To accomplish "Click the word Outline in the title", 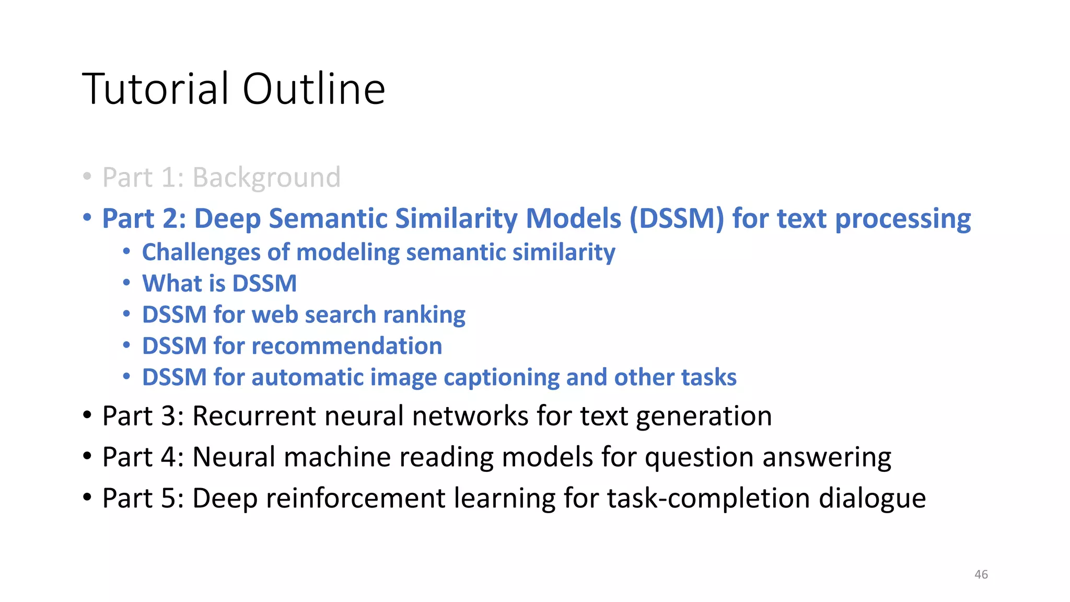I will (313, 89).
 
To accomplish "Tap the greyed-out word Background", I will (266, 178).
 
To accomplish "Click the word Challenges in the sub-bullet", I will (201, 252).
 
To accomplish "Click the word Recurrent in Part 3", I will (254, 416).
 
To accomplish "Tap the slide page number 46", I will (981, 574).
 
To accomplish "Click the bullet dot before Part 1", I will (87, 176).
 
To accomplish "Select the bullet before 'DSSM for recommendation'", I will (126, 345).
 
